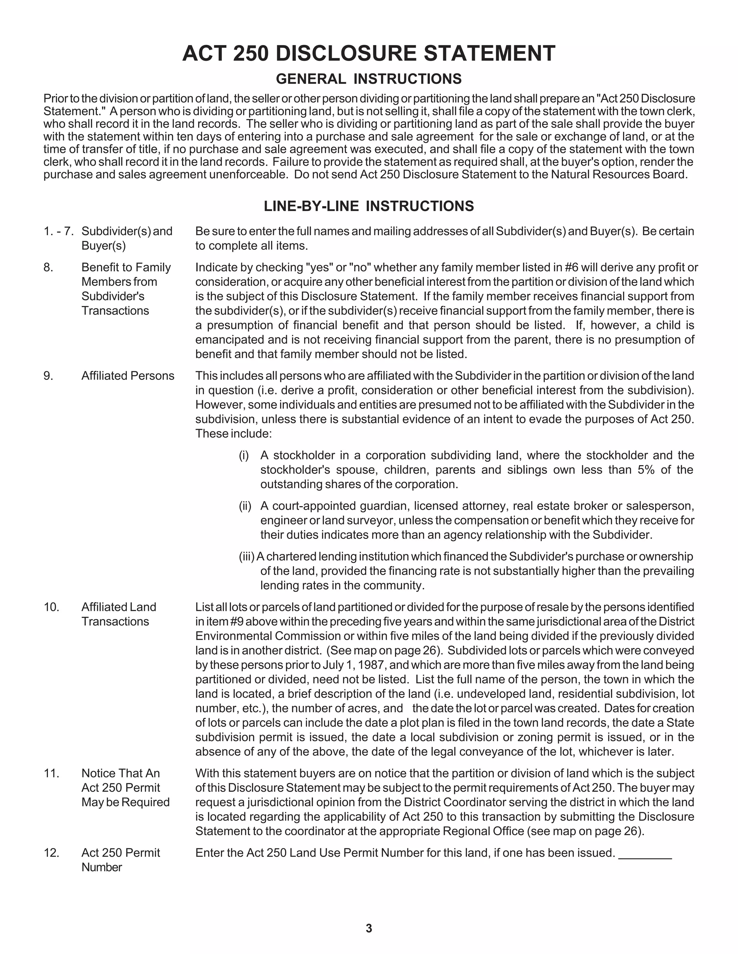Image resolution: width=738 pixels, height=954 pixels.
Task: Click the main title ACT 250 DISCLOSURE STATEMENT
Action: click(369, 54)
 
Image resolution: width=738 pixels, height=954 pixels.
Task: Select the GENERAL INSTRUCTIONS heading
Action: click(369, 79)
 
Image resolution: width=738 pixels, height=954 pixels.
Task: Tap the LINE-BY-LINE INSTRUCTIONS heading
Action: click(369, 206)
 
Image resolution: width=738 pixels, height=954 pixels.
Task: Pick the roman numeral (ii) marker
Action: click(245, 506)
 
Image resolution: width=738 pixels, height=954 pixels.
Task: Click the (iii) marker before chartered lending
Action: click(246, 557)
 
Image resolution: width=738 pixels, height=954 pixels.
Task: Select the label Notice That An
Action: click(121, 773)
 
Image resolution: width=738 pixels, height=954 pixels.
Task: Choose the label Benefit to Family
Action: click(126, 267)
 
